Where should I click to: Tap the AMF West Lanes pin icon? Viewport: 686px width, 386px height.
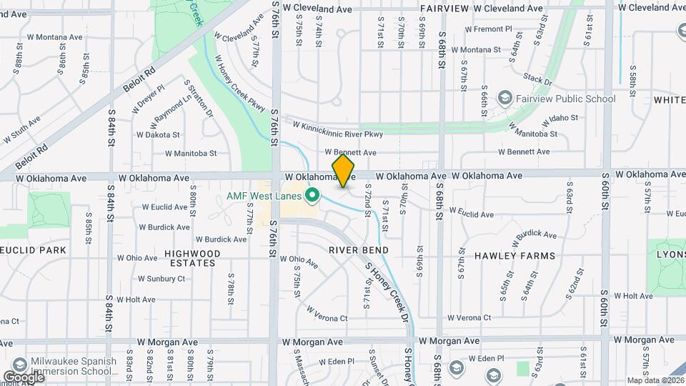point(312,194)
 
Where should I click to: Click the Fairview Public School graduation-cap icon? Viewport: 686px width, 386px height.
point(505,98)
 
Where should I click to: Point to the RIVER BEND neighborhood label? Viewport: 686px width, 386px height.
point(359,250)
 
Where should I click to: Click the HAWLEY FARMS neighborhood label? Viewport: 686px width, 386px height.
point(505,255)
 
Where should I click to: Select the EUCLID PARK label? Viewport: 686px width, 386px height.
point(34,250)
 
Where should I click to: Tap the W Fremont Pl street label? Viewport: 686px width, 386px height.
point(489,29)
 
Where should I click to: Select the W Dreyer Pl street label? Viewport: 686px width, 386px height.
point(149,98)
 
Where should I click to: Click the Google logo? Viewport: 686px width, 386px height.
point(24,377)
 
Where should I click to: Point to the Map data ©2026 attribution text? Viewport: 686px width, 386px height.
point(655,380)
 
